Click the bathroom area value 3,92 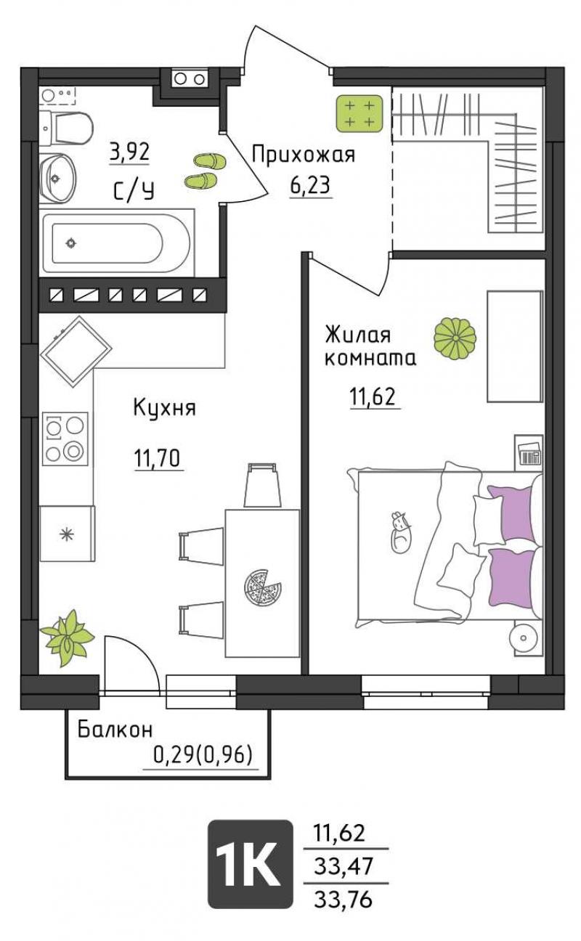click(x=129, y=152)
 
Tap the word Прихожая click(x=304, y=155)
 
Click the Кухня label click(x=165, y=407)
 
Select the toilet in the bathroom click(x=67, y=127)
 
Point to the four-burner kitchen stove click(x=65, y=439)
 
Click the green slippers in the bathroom click(x=206, y=171)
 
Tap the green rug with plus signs click(x=359, y=113)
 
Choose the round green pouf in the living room click(x=455, y=339)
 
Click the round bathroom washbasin click(x=57, y=178)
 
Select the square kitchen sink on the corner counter click(x=76, y=351)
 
